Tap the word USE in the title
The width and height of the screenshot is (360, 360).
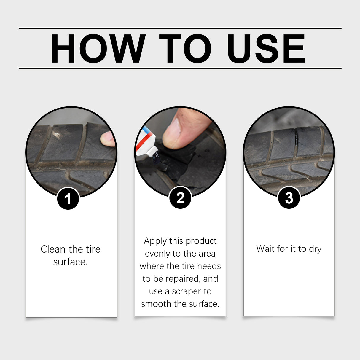tap(266, 49)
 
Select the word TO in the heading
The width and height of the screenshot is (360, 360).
tap(185, 49)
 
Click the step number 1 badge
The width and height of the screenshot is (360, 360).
tap(68, 199)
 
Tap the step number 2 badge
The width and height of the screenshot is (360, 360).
tap(180, 198)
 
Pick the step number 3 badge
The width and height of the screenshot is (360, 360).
tap(289, 198)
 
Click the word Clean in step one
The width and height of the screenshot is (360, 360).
tap(53, 249)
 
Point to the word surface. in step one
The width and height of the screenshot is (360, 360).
tap(70, 262)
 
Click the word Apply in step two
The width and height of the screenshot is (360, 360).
tap(155, 241)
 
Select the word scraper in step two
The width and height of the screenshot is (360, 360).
tap(187, 291)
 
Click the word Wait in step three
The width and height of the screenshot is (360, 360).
tap(265, 249)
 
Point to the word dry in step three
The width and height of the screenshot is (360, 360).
tap(315, 249)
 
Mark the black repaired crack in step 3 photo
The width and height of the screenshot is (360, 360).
tap(296, 138)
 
